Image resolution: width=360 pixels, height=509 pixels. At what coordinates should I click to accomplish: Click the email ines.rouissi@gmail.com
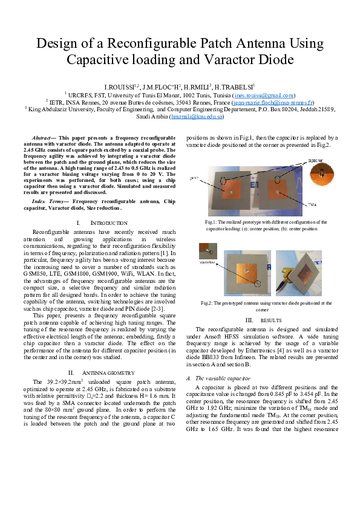264,95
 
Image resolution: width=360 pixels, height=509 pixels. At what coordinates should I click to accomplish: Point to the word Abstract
44,138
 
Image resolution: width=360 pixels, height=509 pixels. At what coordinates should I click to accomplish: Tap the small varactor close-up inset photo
208,250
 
